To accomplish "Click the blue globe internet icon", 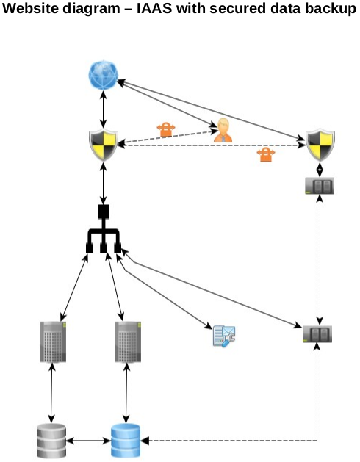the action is click(103, 75).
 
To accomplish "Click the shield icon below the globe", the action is click(104, 145).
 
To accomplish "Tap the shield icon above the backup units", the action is click(320, 145).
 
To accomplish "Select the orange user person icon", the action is click(223, 130).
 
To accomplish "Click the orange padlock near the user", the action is click(166, 129).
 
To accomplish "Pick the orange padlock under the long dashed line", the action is click(266, 154).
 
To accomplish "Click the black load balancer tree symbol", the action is click(103, 228).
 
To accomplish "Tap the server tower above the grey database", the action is click(53, 342).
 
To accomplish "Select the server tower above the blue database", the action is click(128, 342).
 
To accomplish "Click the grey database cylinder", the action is click(51, 441).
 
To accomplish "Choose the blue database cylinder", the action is click(126, 441).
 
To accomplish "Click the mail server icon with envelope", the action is click(224, 336).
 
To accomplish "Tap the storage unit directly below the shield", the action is click(320, 186).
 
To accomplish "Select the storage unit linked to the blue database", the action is click(317, 334).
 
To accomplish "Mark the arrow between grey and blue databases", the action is click(88, 441).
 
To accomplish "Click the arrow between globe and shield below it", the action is click(103, 109).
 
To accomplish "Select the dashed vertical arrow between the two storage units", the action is click(320, 260).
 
